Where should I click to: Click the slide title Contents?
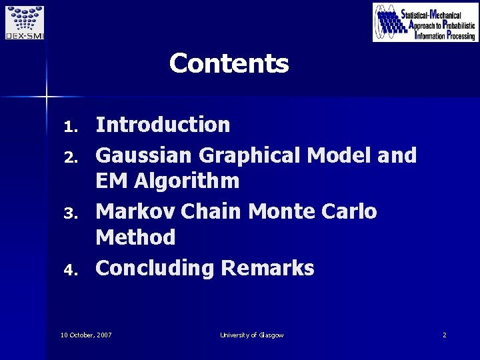(x=229, y=64)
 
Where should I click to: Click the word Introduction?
(x=163, y=124)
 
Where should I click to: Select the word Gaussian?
(x=143, y=155)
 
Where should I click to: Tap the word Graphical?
(x=249, y=155)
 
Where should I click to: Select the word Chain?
(x=211, y=211)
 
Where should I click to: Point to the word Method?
(x=135, y=237)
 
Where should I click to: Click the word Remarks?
(x=267, y=268)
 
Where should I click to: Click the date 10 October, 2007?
(x=86, y=335)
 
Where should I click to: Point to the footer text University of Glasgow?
(x=251, y=335)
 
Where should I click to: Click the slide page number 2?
(x=444, y=335)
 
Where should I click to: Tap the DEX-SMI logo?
(x=24, y=22)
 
